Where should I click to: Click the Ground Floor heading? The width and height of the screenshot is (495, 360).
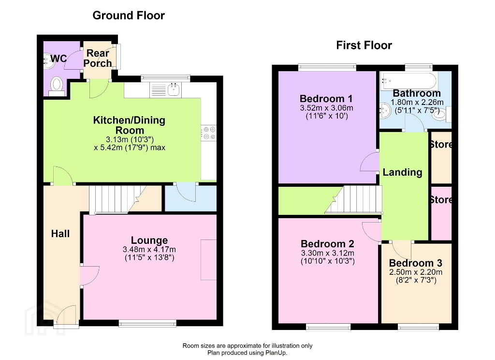pos(129,15)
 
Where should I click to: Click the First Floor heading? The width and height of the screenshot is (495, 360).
pos(364,45)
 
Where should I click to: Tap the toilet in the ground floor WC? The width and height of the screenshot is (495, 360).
pos(57,86)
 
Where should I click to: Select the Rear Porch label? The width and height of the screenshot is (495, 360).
pos(98,58)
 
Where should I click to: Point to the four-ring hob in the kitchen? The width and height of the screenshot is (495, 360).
pos(209,133)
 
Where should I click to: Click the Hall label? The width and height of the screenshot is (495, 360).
pos(60,234)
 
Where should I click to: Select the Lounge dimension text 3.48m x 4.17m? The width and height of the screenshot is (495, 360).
pos(149,249)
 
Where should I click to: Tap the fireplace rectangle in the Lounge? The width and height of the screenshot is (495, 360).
pos(209,260)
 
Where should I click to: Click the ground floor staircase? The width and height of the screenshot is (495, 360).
pos(114,199)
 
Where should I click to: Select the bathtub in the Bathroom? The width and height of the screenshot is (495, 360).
pos(408,81)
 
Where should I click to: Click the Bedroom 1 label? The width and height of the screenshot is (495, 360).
pos(326,99)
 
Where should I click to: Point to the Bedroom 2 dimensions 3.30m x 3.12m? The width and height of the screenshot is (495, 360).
pos(328,253)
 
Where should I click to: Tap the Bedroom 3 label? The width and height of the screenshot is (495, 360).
pos(416,263)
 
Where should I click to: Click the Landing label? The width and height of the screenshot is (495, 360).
pos(403,172)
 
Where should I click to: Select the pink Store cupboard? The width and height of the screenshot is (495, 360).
pos(441,213)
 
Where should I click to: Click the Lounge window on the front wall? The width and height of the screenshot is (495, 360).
pos(147,323)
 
